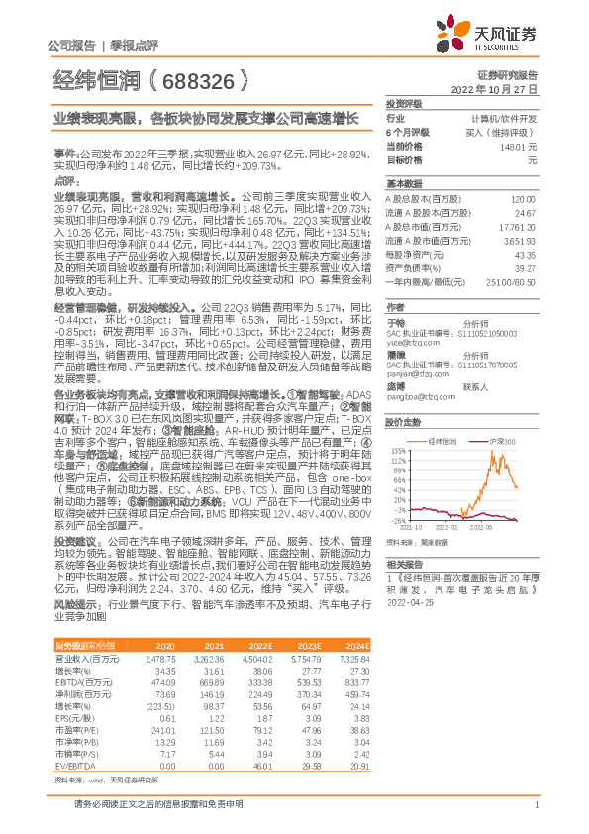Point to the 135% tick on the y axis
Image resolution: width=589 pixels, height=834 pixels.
coord(396,447)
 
